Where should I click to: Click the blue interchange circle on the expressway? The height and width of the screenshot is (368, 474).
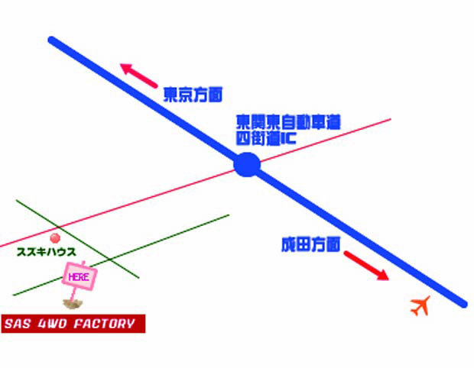coord(247,164)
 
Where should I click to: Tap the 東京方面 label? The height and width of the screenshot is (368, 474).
coord(193,95)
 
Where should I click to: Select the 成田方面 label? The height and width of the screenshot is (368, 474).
coord(310,244)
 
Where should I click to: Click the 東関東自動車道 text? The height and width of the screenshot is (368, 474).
coord(288,122)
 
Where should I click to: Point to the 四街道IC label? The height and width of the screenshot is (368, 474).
coord(266,138)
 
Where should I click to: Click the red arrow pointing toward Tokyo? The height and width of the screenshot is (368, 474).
coord(138,76)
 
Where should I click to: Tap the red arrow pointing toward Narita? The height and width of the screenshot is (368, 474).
coord(366,266)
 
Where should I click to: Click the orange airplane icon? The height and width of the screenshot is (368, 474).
coord(420,306)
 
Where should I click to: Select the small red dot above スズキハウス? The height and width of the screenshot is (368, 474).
coord(55,238)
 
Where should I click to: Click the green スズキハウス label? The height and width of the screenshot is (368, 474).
coord(46,252)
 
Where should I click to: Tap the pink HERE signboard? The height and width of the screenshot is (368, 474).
coord(80,276)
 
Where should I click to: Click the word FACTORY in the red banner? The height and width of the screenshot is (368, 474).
coord(104,324)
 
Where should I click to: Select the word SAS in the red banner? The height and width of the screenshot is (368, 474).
coord(18,324)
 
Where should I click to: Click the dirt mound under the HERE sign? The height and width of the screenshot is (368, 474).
coord(73,304)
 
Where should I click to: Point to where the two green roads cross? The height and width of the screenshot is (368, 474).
coord(109,260)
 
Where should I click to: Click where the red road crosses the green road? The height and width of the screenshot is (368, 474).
coord(59,227)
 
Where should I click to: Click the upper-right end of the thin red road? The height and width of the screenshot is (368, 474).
coord(391,120)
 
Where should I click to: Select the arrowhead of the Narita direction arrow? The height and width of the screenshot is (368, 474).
coord(383,276)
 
